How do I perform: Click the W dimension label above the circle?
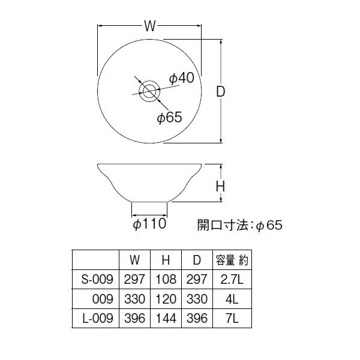click(x=150, y=26)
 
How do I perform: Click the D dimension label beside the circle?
click(x=221, y=92)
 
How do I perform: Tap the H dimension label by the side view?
click(x=220, y=187)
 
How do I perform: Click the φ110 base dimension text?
click(x=149, y=225)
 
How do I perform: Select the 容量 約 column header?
click(x=232, y=260)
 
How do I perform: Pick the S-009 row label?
click(x=96, y=279)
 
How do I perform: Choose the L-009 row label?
click(x=96, y=318)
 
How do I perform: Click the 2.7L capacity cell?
click(x=231, y=279)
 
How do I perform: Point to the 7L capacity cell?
click(x=231, y=318)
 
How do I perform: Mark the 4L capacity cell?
click(x=231, y=299)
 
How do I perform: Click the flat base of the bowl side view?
click(x=149, y=203)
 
